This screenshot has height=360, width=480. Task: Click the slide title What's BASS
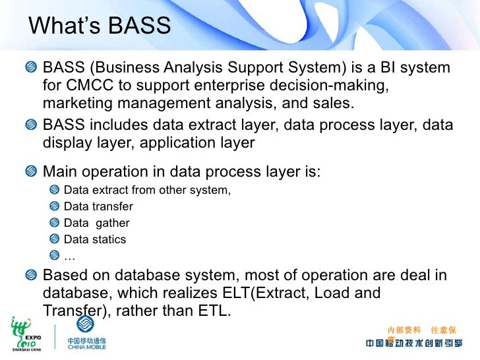100,26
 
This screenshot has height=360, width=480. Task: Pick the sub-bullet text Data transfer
98,206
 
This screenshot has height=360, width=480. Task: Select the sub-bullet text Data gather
96,223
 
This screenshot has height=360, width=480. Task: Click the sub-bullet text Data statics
95,239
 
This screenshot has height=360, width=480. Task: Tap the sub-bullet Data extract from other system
147,191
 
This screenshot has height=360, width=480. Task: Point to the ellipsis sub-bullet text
69,256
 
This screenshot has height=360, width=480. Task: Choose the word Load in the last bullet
337,292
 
